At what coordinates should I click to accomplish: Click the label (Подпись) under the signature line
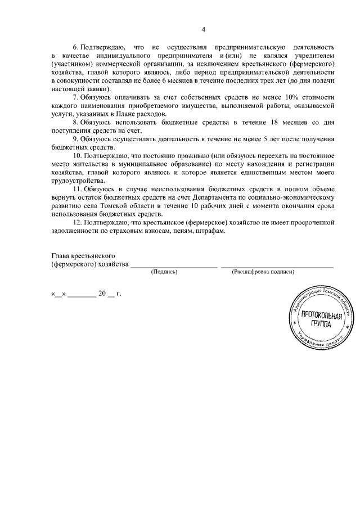tap(164, 272)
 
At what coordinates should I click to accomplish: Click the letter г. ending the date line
tap(119, 293)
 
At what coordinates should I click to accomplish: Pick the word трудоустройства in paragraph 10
tap(77, 181)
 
